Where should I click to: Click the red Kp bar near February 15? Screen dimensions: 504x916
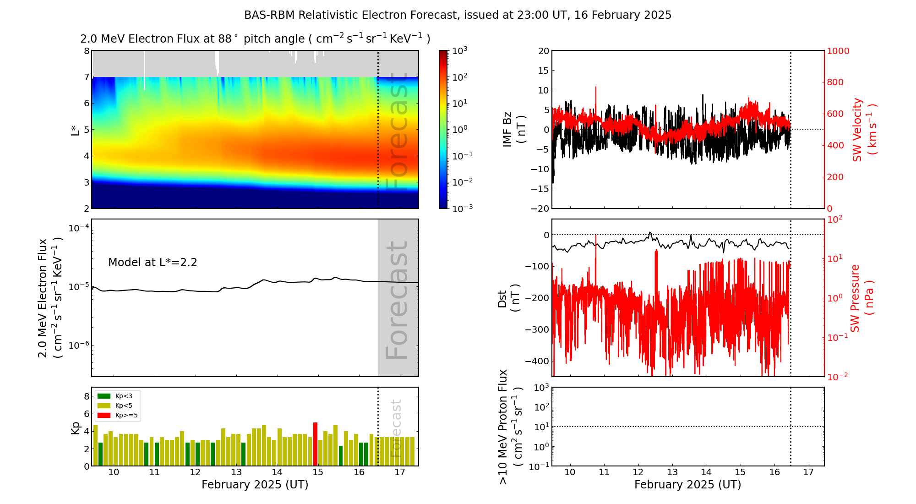[315, 444]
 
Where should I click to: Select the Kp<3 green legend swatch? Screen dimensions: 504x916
[104, 396]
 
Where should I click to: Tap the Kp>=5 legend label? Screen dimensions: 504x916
[126, 416]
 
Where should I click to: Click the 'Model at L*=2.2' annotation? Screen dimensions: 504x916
[153, 263]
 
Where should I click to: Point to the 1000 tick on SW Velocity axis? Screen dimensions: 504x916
[838, 51]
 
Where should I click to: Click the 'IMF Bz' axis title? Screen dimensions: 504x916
[507, 129]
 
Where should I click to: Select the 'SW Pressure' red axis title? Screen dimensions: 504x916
[855, 298]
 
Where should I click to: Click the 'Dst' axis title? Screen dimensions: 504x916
[502, 298]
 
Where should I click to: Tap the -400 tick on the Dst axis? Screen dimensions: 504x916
[537, 361]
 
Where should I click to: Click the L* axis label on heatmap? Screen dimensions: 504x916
[75, 129]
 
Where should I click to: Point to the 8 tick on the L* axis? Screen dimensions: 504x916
[86, 51]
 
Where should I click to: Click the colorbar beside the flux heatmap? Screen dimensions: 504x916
[443, 129]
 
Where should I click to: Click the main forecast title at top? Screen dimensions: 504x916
[458, 15]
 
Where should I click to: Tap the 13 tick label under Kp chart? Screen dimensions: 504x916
[236, 472]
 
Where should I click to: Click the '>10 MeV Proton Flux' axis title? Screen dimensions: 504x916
[503, 427]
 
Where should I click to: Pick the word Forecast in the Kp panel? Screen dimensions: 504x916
[396, 428]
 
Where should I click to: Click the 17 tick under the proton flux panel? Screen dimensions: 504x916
[808, 472]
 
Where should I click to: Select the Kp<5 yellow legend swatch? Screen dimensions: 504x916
[104, 405]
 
